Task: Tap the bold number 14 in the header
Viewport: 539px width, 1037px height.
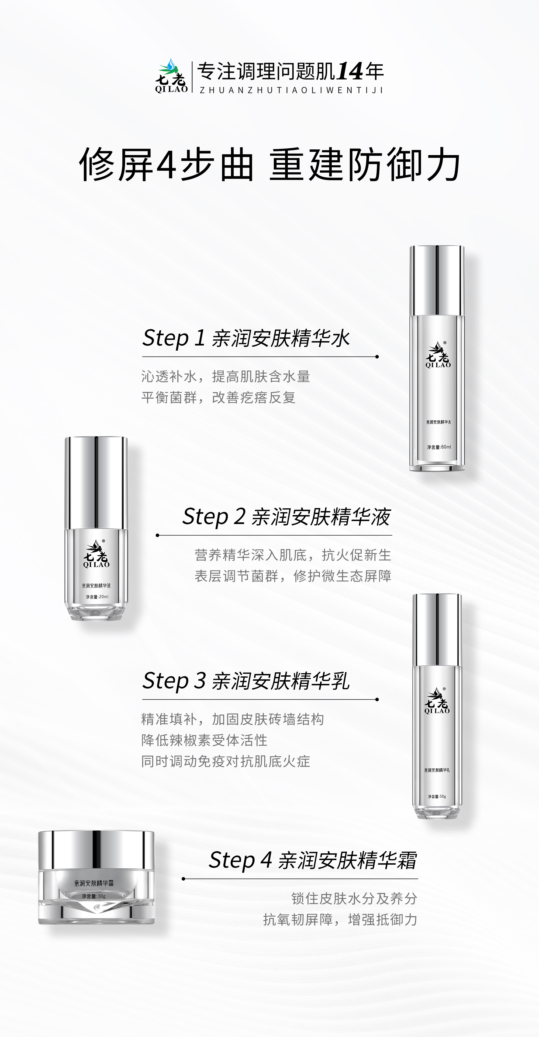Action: [x=350, y=72]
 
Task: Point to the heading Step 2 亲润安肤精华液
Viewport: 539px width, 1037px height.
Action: [x=286, y=516]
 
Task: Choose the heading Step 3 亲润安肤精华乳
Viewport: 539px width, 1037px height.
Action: [x=246, y=681]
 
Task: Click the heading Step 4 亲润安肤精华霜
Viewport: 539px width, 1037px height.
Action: [x=313, y=860]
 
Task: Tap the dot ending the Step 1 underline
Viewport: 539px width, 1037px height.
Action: [x=377, y=357]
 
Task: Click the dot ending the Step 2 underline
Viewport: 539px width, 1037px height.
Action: [x=158, y=535]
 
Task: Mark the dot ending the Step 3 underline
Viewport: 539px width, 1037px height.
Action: [x=377, y=700]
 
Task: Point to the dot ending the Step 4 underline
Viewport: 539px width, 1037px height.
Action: [x=184, y=879]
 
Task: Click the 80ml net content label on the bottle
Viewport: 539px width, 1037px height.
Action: [x=439, y=447]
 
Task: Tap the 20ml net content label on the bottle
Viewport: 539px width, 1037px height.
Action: [x=96, y=597]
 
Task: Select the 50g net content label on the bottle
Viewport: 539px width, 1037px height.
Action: [x=437, y=796]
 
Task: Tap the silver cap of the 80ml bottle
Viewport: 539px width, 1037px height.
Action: [x=437, y=280]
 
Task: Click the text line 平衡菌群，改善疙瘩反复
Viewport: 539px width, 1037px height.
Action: [x=218, y=397]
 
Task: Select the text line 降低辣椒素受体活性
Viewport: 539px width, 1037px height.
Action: [x=204, y=740]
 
